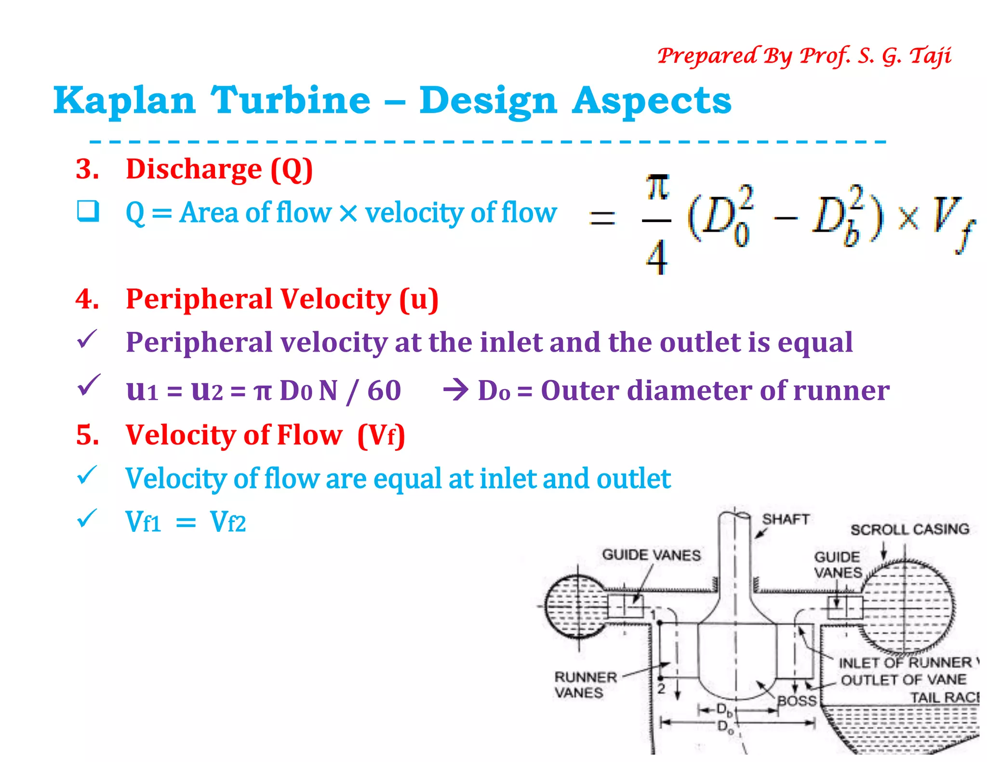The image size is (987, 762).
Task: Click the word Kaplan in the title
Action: tap(124, 101)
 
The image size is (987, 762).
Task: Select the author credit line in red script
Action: tap(804, 56)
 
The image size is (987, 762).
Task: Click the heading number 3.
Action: tap(87, 169)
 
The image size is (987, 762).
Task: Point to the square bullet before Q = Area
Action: tap(88, 211)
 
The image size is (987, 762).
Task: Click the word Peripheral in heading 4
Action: tap(199, 299)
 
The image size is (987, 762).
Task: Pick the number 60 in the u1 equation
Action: tap(384, 390)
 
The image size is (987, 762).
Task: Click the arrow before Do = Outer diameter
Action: tap(455, 390)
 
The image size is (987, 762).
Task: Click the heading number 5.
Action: tap(87, 435)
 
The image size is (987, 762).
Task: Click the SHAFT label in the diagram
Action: tap(785, 519)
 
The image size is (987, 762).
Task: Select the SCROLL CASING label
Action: tap(909, 529)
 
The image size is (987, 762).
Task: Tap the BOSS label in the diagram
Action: tap(797, 700)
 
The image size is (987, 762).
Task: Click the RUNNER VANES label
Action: tap(585, 684)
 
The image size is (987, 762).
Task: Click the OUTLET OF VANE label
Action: tap(903, 680)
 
